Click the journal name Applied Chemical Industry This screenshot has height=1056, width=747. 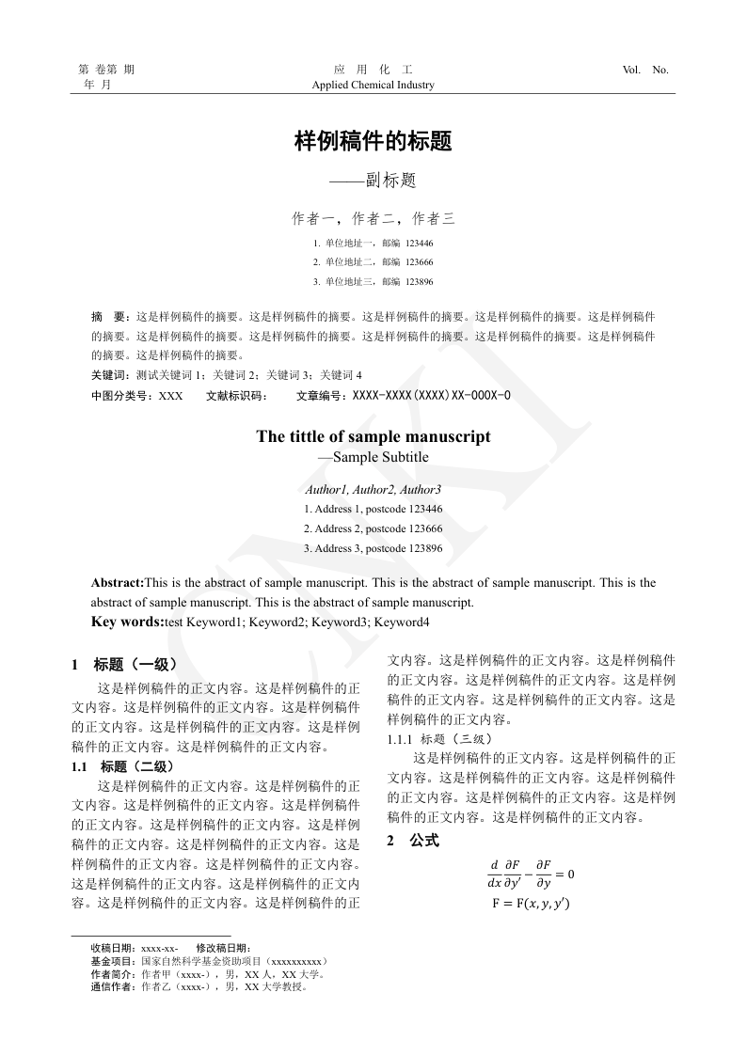click(373, 85)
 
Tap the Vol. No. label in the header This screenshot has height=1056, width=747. click(645, 70)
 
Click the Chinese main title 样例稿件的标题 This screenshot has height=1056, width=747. click(373, 142)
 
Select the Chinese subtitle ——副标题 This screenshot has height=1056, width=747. click(373, 180)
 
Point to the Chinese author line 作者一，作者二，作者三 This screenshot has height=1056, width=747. click(373, 219)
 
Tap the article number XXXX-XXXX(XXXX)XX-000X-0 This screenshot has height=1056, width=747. click(432, 396)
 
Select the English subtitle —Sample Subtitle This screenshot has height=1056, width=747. click(373, 457)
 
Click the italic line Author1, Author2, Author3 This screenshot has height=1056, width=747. click(373, 490)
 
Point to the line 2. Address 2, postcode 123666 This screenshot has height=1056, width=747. click(373, 528)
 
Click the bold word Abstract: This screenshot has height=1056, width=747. click(118, 583)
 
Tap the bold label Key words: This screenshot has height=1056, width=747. click(127, 622)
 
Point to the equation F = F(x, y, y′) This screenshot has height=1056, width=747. click(531, 904)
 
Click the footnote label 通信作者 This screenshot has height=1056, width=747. click(113, 987)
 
